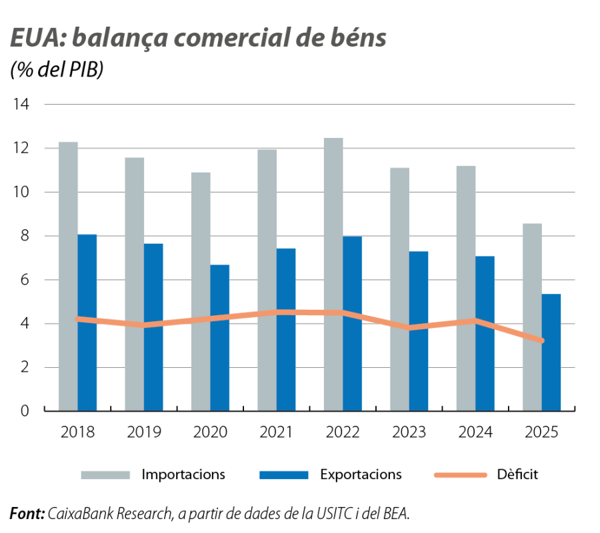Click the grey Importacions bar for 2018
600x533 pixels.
pos(68,276)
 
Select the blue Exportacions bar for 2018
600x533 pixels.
pos(87,322)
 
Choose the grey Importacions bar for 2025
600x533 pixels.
pos(532,317)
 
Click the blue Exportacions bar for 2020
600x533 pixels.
pos(220,337)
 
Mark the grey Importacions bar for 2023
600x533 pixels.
pos(399,289)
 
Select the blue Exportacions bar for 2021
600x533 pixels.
pos(287,329)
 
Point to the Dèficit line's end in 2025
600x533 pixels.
pos(542,340)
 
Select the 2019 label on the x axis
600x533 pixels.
pos(144,432)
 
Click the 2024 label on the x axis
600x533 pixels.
pos(475,432)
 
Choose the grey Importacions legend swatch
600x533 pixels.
pos(105,475)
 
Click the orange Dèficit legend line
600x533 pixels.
pos(459,475)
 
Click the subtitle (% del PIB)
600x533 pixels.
pos(57,71)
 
